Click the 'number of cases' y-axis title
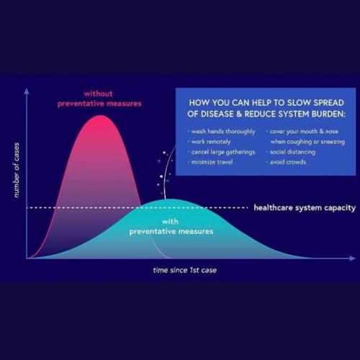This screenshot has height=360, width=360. click(x=17, y=170)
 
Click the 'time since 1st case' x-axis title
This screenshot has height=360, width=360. click(x=185, y=270)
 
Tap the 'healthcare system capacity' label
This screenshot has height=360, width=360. click(x=305, y=208)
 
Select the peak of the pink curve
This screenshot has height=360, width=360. click(x=101, y=115)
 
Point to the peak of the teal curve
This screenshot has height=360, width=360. click(x=170, y=199)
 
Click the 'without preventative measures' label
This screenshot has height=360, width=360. click(x=99, y=99)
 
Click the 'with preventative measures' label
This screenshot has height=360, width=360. click(x=171, y=227)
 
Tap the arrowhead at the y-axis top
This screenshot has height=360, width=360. click(x=27, y=91)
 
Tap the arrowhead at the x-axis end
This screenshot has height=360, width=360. click(x=353, y=258)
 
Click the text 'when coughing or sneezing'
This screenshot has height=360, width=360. click(x=307, y=142)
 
